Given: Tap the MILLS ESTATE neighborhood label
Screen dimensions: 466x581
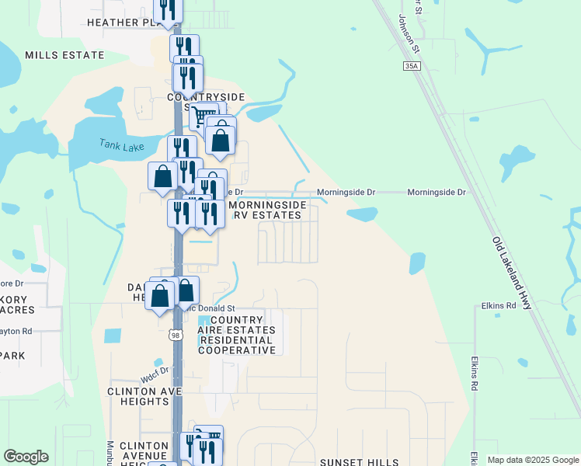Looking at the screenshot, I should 64,55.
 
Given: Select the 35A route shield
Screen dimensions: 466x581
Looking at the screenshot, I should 412,67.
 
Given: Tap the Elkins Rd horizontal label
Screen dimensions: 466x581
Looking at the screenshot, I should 499,306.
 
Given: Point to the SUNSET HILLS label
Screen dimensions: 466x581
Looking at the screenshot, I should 359,462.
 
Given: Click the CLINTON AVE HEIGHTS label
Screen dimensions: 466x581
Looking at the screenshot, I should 139,396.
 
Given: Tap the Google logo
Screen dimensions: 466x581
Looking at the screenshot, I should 26,457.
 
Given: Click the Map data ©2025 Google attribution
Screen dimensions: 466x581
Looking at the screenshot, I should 532,460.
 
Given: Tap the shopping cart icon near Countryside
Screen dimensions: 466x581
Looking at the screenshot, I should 204,116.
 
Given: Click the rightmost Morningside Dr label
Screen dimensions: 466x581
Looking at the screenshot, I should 437,192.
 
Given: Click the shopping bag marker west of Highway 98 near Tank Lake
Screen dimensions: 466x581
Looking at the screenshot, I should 162,176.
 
